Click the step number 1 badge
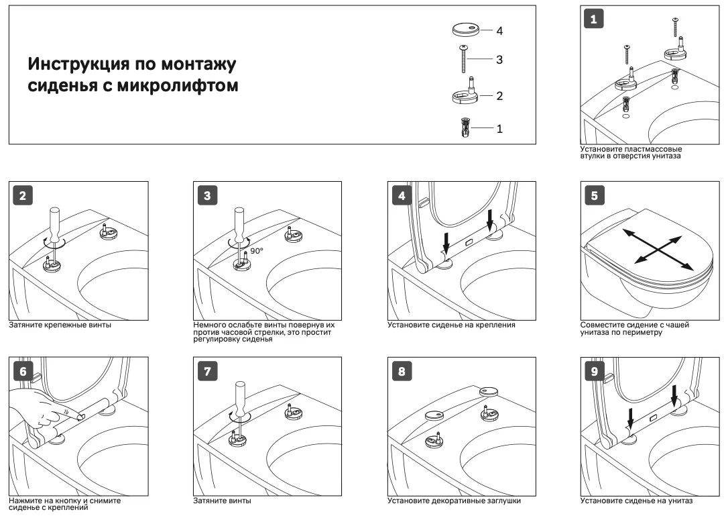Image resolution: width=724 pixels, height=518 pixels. pos(593,19)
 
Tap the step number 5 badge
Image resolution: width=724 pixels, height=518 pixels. pos(593,196)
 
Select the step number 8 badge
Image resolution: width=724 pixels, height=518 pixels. pos(401,372)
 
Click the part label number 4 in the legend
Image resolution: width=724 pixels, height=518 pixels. pos(499,31)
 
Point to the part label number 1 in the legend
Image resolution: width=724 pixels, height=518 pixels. pos(499,128)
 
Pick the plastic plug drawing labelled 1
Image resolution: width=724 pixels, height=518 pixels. pos(463,127)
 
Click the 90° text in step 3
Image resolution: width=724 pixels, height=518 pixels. pos(256,250)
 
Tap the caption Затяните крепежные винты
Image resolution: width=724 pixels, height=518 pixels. pos(60,325)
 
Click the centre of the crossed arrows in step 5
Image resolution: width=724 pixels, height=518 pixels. pos(654,249)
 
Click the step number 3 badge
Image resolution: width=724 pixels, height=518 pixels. pos(206,196)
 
